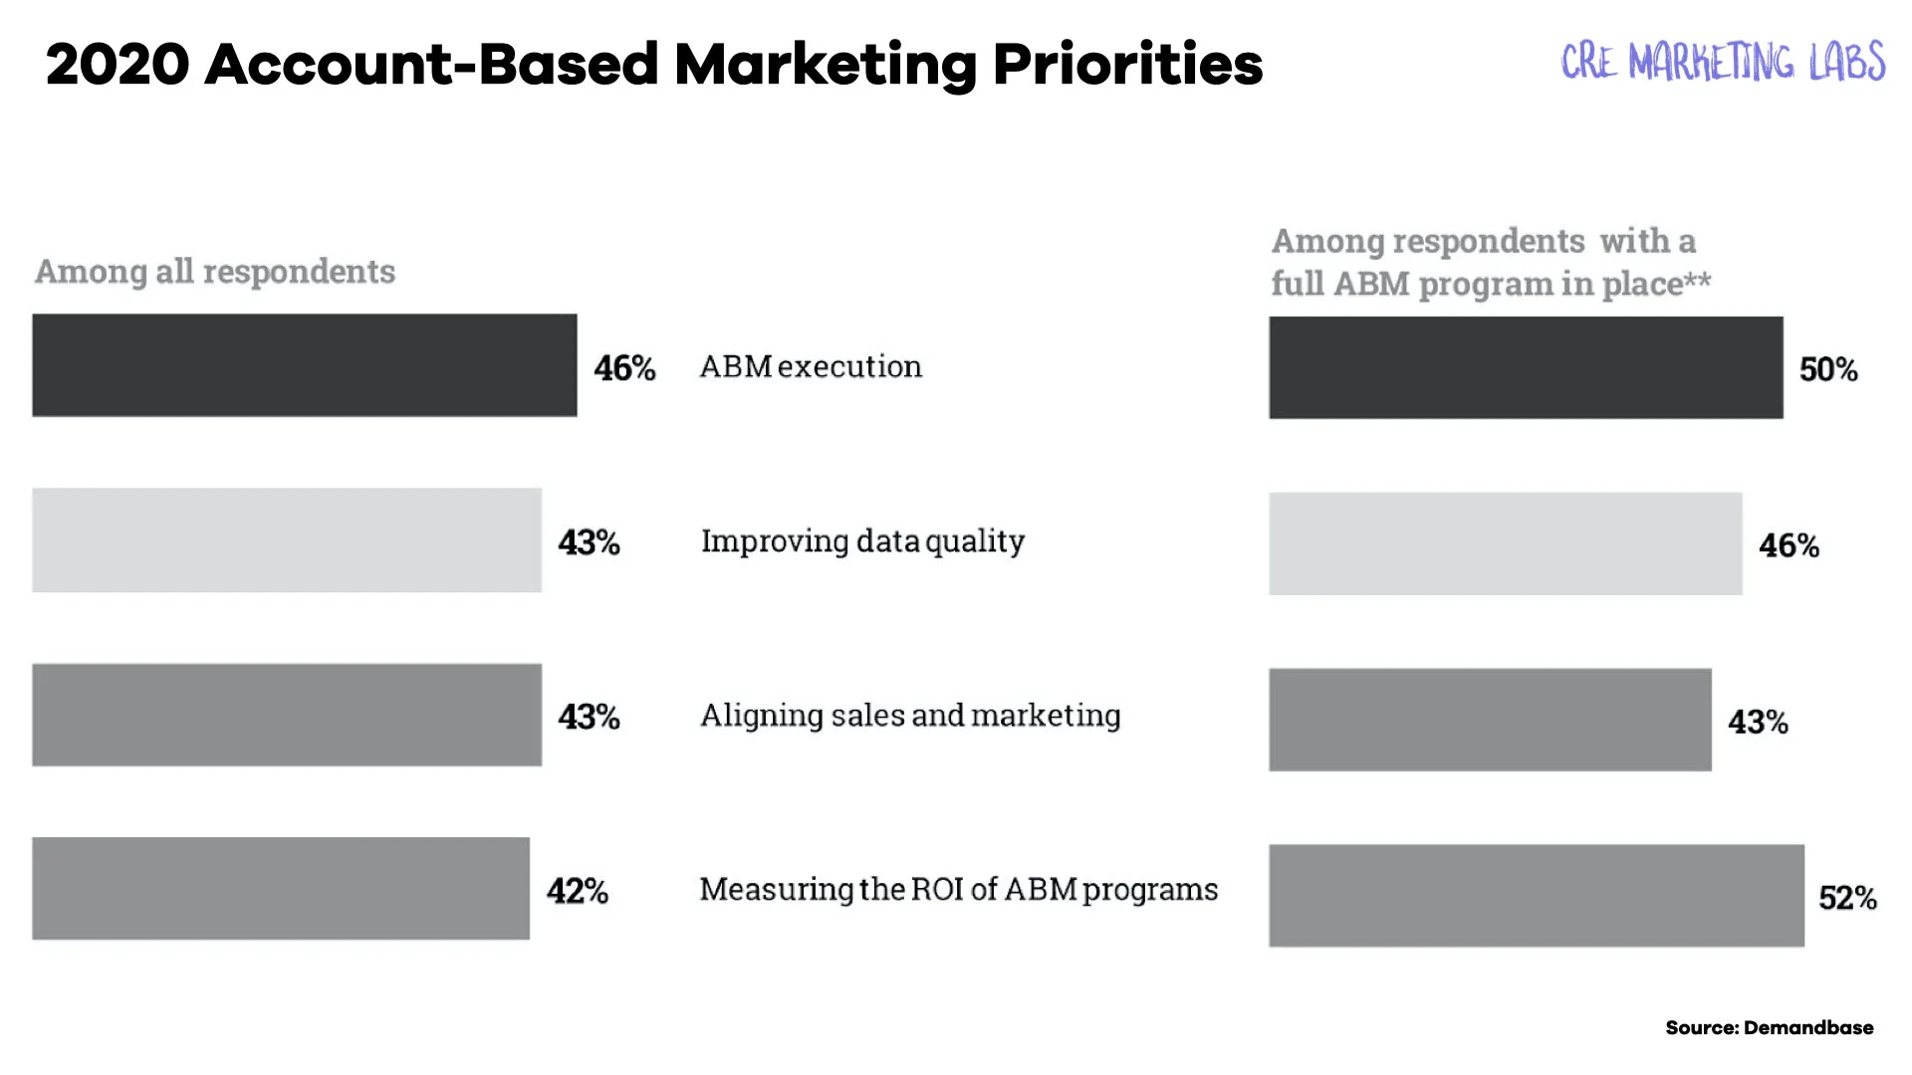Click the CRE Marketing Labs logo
coord(1722,62)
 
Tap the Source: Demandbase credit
coord(1769,1027)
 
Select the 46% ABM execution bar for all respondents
coord(304,365)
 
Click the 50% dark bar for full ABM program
coord(1526,367)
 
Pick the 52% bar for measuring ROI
coord(1536,896)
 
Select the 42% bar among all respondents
coord(281,889)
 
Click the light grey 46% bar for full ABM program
coord(1505,543)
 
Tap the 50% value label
coord(1827,369)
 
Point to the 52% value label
coord(1847,898)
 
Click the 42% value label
coord(577,891)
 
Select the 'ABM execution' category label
coord(811,366)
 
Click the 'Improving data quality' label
coord(862,540)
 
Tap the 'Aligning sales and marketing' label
coord(910,715)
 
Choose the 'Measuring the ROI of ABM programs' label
coord(958,889)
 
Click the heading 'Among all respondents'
coord(215,271)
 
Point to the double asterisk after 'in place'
coord(1698,281)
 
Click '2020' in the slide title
coord(118,65)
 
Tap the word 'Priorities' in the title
coord(1127,65)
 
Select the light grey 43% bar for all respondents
coord(287,540)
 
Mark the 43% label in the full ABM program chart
coord(1758,722)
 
